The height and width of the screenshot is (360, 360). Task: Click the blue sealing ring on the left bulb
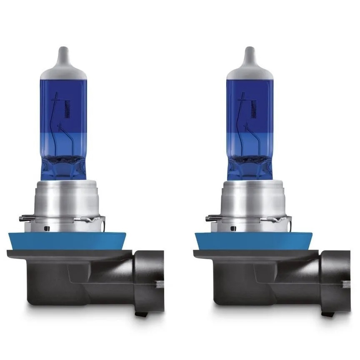(x=62, y=241)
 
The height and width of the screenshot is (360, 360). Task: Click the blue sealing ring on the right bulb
(x=249, y=241)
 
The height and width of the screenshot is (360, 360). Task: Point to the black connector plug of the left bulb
(x=148, y=279)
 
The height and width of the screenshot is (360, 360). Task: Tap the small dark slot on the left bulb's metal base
(x=47, y=228)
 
